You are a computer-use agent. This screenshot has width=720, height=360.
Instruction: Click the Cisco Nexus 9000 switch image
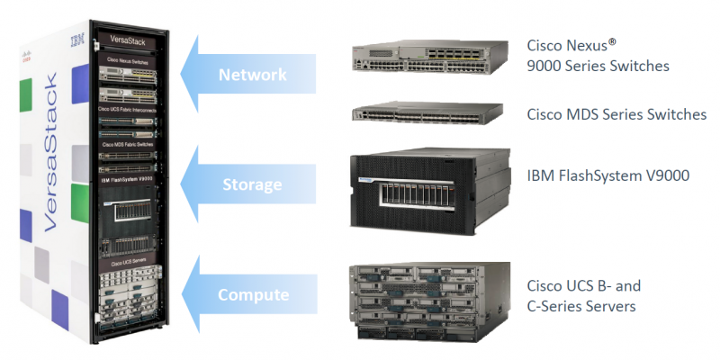pos(430,56)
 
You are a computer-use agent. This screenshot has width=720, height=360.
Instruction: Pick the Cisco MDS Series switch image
pos(430,114)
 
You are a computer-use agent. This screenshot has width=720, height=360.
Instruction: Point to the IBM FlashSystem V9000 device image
pos(430,192)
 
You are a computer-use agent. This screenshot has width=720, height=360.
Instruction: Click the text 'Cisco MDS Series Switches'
pos(616,115)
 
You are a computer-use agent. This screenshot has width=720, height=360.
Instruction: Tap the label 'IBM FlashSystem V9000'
pos(607,175)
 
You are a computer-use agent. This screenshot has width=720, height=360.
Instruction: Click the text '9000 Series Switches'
pos(598,66)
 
